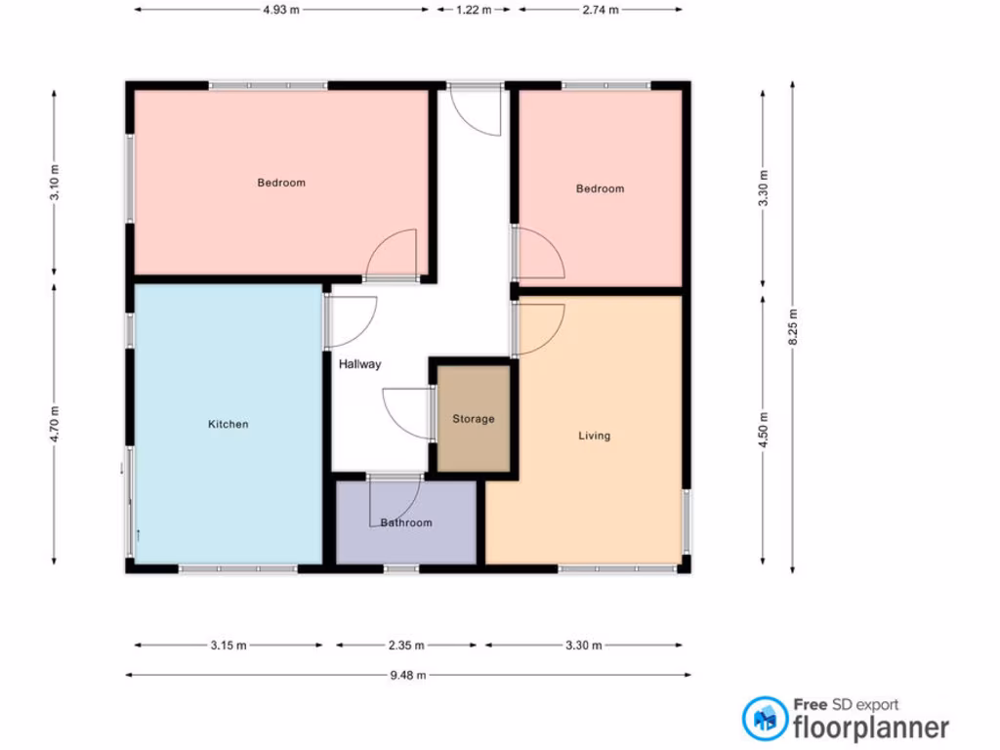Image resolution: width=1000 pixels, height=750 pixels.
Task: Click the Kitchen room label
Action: point(228,425)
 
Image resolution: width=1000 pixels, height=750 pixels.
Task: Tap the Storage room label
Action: point(473,419)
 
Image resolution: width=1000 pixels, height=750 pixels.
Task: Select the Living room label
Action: point(594,436)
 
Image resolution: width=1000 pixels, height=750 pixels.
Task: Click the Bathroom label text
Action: point(406,522)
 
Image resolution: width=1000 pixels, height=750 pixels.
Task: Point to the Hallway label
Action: point(359,364)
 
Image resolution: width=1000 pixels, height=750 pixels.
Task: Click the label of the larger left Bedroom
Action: point(281,183)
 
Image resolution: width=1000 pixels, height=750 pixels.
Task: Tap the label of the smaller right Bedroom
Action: point(600,188)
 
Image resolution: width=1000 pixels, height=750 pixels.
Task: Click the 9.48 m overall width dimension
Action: point(408,675)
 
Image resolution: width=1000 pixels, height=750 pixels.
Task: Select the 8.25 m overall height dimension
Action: point(793,328)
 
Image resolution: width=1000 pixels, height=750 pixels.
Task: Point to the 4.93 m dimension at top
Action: point(281,10)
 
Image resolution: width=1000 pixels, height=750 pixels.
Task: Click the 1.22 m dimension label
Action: point(473,10)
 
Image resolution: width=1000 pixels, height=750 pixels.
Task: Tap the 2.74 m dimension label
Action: point(600,10)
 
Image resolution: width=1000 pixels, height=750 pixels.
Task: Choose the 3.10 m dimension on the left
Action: point(55,183)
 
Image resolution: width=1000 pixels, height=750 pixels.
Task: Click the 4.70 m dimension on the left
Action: point(55,425)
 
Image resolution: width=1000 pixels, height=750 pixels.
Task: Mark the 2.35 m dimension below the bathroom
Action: point(406,646)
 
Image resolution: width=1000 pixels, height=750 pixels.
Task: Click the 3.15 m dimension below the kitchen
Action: point(228,646)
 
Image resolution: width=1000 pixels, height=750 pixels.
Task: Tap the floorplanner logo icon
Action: point(765,718)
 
